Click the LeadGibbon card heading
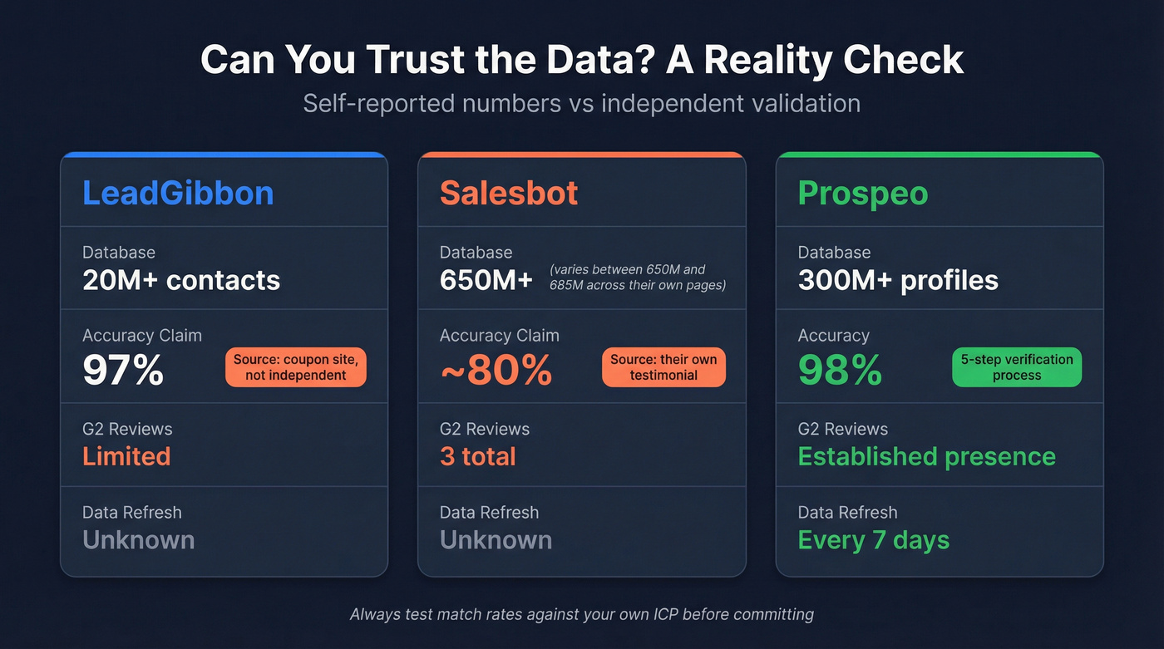pos(178,193)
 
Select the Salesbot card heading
pos(508,193)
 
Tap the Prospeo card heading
pos(862,193)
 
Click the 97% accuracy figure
pos(122,370)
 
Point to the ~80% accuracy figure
pos(496,370)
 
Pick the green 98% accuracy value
pos(839,370)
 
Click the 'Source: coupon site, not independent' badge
pos(295,367)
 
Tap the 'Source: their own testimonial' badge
pos(663,367)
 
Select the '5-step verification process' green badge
pos(1016,367)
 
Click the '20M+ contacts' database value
pos(181,280)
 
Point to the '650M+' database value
pos(486,280)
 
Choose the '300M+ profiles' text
pos(898,280)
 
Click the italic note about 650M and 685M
pos(637,277)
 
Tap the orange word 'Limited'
pos(126,456)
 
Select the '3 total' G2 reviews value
pos(477,456)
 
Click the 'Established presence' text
pos(926,456)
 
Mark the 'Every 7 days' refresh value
pos(873,540)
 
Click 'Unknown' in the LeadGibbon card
pos(138,540)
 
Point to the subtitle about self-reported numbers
pos(581,103)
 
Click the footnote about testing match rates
pos(581,615)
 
